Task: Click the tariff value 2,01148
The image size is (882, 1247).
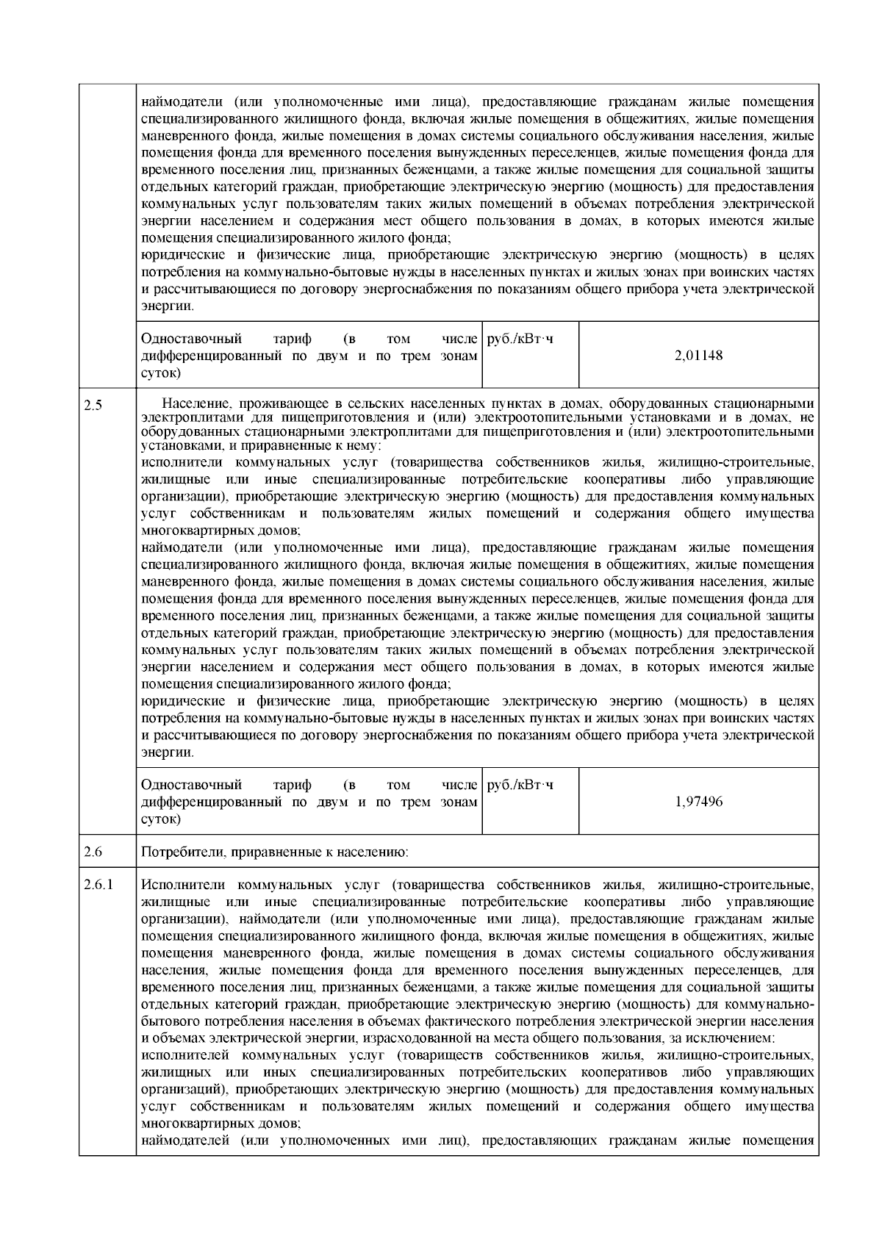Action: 698,356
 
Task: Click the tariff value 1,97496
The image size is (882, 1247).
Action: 698,802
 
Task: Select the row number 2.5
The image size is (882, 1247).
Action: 93,405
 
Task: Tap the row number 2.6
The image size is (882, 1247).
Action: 93,852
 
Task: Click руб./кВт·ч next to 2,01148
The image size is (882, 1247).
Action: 520,339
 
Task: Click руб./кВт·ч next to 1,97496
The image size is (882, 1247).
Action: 520,785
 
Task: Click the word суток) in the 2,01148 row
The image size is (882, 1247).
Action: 160,373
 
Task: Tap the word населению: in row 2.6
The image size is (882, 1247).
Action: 376,853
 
